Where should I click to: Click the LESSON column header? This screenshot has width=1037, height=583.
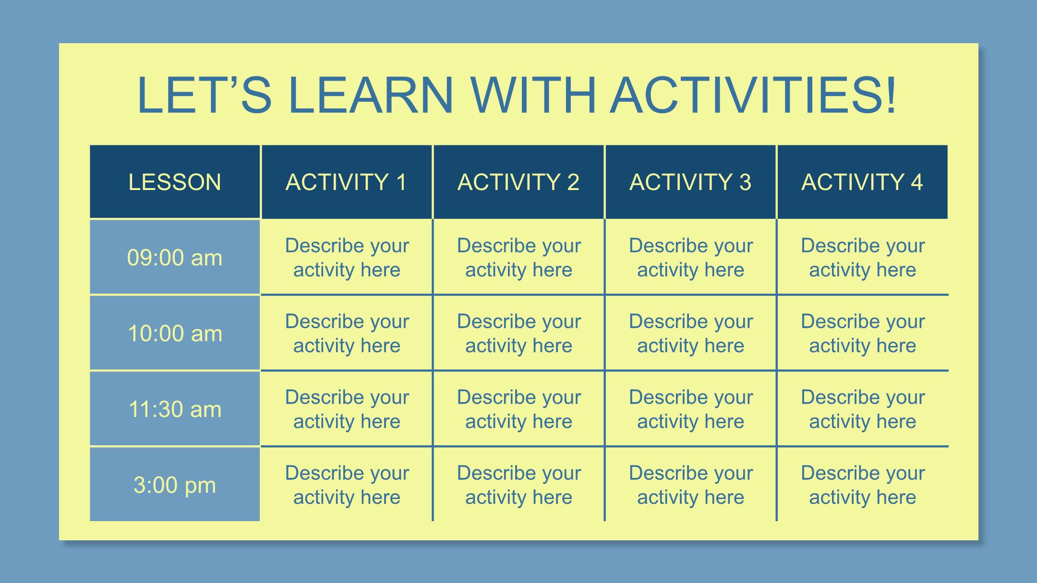pyautogui.click(x=175, y=182)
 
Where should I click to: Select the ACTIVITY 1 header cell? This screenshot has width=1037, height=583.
pyautogui.click(x=346, y=182)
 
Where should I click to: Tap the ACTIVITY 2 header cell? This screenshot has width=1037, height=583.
pyautogui.click(x=518, y=182)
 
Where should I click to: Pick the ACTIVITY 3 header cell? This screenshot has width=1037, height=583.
pyautogui.click(x=690, y=182)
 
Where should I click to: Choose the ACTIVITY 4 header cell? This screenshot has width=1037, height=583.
pyautogui.click(x=862, y=182)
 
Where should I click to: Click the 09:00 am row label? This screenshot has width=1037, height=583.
pyautogui.click(x=175, y=258)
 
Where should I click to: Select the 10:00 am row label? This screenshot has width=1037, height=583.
pyautogui.click(x=175, y=333)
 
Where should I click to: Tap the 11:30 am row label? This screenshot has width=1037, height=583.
pyautogui.click(x=175, y=409)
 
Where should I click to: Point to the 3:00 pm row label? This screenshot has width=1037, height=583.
pyautogui.click(x=175, y=485)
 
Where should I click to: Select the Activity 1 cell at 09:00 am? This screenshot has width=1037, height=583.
pyautogui.click(x=346, y=258)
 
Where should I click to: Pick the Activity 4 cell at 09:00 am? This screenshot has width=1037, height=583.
pyautogui.click(x=863, y=258)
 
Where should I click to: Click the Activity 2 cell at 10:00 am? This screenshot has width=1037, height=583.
pyautogui.click(x=518, y=333)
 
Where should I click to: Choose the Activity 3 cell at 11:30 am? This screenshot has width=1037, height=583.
pyautogui.click(x=690, y=409)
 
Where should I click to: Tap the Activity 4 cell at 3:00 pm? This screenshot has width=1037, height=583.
pyautogui.click(x=863, y=485)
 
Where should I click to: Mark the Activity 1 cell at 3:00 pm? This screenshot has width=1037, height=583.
pyautogui.click(x=346, y=485)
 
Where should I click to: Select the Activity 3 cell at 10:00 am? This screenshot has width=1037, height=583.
pyautogui.click(x=690, y=333)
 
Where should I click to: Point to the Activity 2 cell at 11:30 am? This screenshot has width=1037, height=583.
pyautogui.click(x=518, y=409)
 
